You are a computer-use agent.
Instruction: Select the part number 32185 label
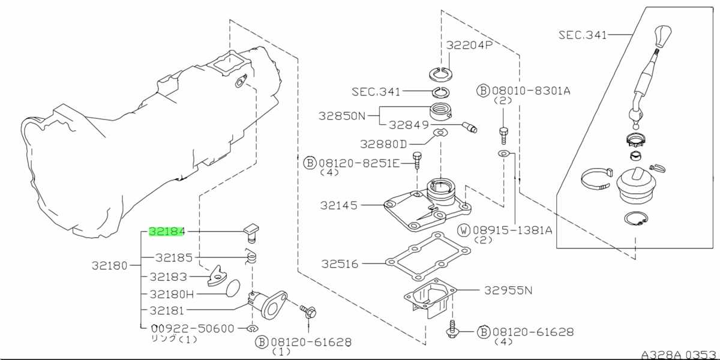(x=174, y=257)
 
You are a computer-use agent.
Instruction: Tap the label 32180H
(x=172, y=294)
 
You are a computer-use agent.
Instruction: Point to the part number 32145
(x=339, y=205)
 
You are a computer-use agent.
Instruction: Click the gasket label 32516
(x=340, y=264)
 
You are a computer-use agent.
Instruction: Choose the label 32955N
(x=508, y=290)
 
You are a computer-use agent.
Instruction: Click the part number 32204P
(x=469, y=45)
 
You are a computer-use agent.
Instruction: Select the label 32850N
(x=342, y=116)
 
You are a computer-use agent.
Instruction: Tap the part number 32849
(x=409, y=125)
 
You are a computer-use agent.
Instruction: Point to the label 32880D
(x=383, y=144)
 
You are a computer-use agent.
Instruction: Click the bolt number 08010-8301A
(x=531, y=91)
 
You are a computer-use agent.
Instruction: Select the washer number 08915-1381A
(x=512, y=230)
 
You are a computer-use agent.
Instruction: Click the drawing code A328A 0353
(x=679, y=355)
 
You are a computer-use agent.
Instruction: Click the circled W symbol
(x=464, y=230)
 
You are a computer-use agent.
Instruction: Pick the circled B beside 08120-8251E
(x=310, y=163)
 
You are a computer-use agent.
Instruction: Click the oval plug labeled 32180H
(x=233, y=289)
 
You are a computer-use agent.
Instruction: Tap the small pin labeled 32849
(x=470, y=127)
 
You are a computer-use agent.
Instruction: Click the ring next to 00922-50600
(x=253, y=329)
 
